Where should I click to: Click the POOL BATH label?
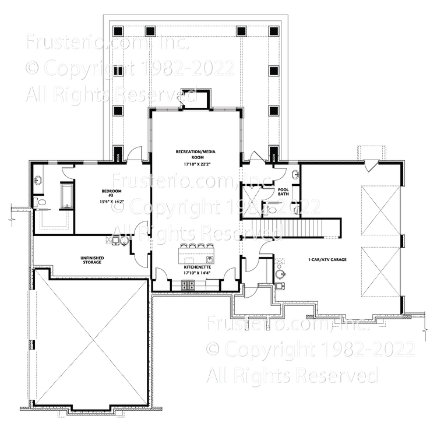click(284, 192)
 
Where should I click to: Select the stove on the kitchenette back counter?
click(189, 285)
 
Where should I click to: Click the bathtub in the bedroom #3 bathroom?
click(66, 195)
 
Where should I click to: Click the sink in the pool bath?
click(295, 174)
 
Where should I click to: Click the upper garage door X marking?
click(379, 212)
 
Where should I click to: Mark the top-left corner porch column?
click(118, 31)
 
